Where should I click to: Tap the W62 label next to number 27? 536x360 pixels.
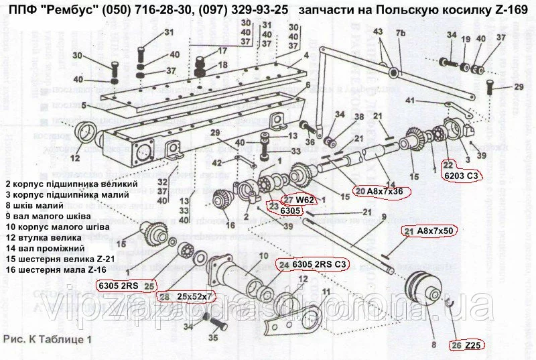click(306, 199)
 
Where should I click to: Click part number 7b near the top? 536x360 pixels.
click(401, 34)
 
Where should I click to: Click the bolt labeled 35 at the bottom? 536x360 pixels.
click(216, 325)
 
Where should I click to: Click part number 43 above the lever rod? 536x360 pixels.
click(377, 32)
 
